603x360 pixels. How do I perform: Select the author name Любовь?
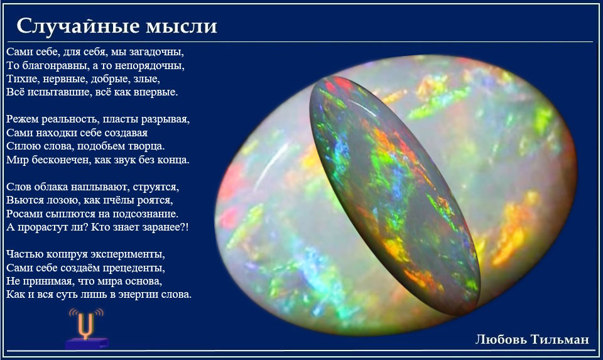(x=501, y=339)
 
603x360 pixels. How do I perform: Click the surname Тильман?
(x=560, y=339)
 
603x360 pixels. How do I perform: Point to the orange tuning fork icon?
(x=86, y=324)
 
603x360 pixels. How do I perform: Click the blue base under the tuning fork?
(x=87, y=343)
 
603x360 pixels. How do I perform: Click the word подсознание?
(x=144, y=214)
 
